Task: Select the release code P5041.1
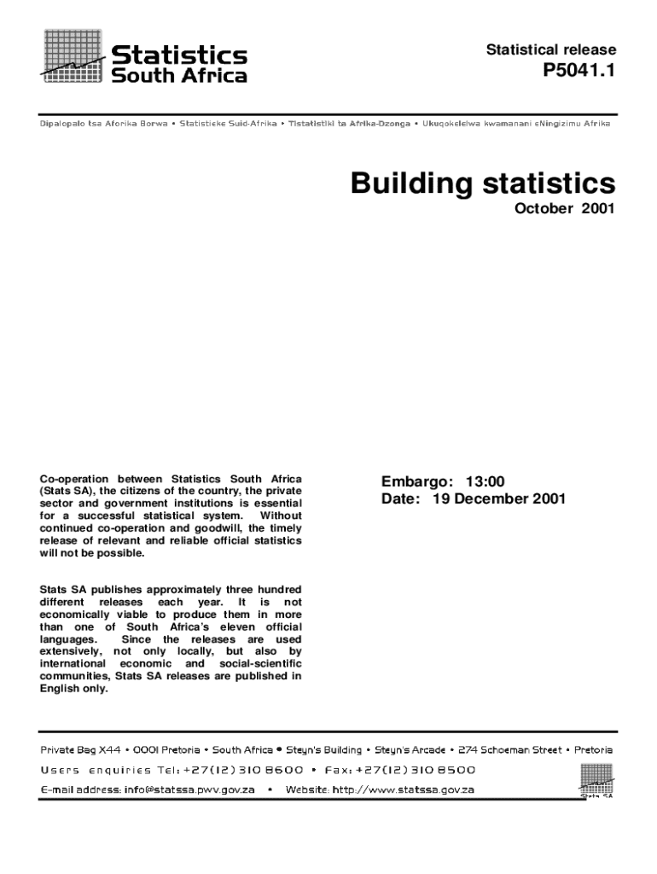point(579,73)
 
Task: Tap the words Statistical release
point(550,50)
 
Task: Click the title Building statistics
point(482,184)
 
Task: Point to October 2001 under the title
point(564,209)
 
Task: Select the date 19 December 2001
point(498,499)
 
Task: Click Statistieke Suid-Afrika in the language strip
point(229,124)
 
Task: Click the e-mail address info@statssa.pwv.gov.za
point(189,790)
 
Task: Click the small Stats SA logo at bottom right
point(596,780)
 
